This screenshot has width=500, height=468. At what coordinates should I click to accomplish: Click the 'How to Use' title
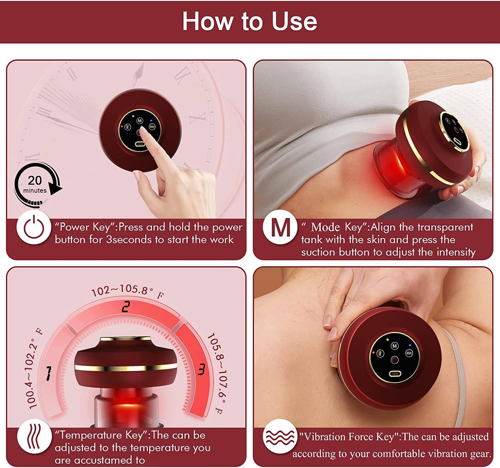[x=249, y=21]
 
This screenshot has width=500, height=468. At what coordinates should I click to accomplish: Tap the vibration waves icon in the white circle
[x=279, y=437]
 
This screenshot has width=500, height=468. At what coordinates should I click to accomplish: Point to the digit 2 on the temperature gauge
[x=126, y=307]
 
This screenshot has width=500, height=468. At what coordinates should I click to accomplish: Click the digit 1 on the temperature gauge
[x=49, y=373]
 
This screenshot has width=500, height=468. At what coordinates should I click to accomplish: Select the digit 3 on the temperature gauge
[x=201, y=369]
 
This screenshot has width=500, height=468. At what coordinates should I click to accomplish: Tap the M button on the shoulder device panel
[x=395, y=346]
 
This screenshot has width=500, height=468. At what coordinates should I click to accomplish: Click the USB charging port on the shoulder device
[x=395, y=373]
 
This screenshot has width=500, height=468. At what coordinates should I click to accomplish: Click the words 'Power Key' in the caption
[x=85, y=227]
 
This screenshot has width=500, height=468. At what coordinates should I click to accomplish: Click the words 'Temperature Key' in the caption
[x=101, y=435]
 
